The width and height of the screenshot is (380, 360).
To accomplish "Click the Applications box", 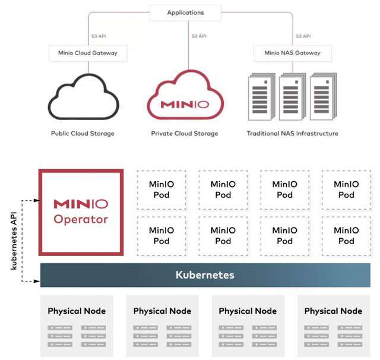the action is [185, 12].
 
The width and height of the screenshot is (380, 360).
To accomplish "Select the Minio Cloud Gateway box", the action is [88, 53].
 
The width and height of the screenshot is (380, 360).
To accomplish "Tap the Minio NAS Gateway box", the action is [293, 53].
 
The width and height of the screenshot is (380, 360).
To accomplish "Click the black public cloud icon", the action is [84, 96].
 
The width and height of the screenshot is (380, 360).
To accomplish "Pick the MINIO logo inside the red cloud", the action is [185, 105].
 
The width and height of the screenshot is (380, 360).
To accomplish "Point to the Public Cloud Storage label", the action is [83, 134].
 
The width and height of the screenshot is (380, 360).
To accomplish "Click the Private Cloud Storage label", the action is [185, 134].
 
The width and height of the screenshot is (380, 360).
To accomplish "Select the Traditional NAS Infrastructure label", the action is [293, 134].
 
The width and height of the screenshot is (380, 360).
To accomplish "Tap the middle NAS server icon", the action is [292, 97].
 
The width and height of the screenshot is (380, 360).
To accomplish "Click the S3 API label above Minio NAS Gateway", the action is [303, 36].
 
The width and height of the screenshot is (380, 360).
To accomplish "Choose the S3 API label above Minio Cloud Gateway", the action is [99, 36].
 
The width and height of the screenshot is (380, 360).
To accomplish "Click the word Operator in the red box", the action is [81, 219].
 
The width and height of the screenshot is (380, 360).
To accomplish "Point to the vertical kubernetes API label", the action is [14, 241].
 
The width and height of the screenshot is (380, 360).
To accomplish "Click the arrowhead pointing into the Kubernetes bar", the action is [37, 281].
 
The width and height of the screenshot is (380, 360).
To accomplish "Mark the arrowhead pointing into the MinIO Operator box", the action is [37, 200].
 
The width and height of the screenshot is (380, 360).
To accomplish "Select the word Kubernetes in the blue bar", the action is [205, 275].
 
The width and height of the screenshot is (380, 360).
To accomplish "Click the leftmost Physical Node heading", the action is [77, 311].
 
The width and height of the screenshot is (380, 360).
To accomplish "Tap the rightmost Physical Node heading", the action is [333, 311].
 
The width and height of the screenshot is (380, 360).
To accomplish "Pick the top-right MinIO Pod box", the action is [346, 190].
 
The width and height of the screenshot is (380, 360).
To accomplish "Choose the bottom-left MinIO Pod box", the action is [161, 236].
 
